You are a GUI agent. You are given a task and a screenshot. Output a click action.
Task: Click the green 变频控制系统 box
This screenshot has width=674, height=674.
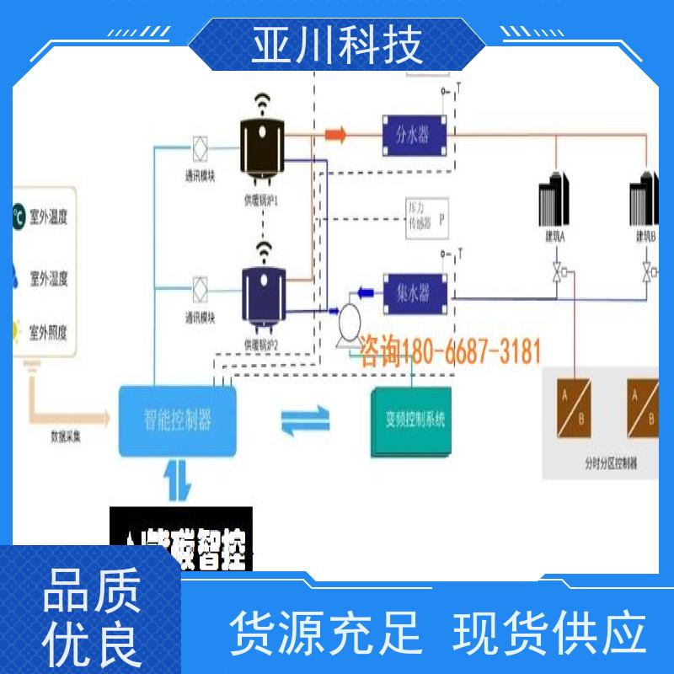coord(412,420)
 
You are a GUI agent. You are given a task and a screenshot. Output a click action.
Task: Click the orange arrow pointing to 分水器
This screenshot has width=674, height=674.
coord(336,133)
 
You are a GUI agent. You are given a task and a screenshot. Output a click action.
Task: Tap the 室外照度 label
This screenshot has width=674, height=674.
coord(48,331)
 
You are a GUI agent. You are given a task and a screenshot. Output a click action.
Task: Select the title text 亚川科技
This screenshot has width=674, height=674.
coord(337,44)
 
